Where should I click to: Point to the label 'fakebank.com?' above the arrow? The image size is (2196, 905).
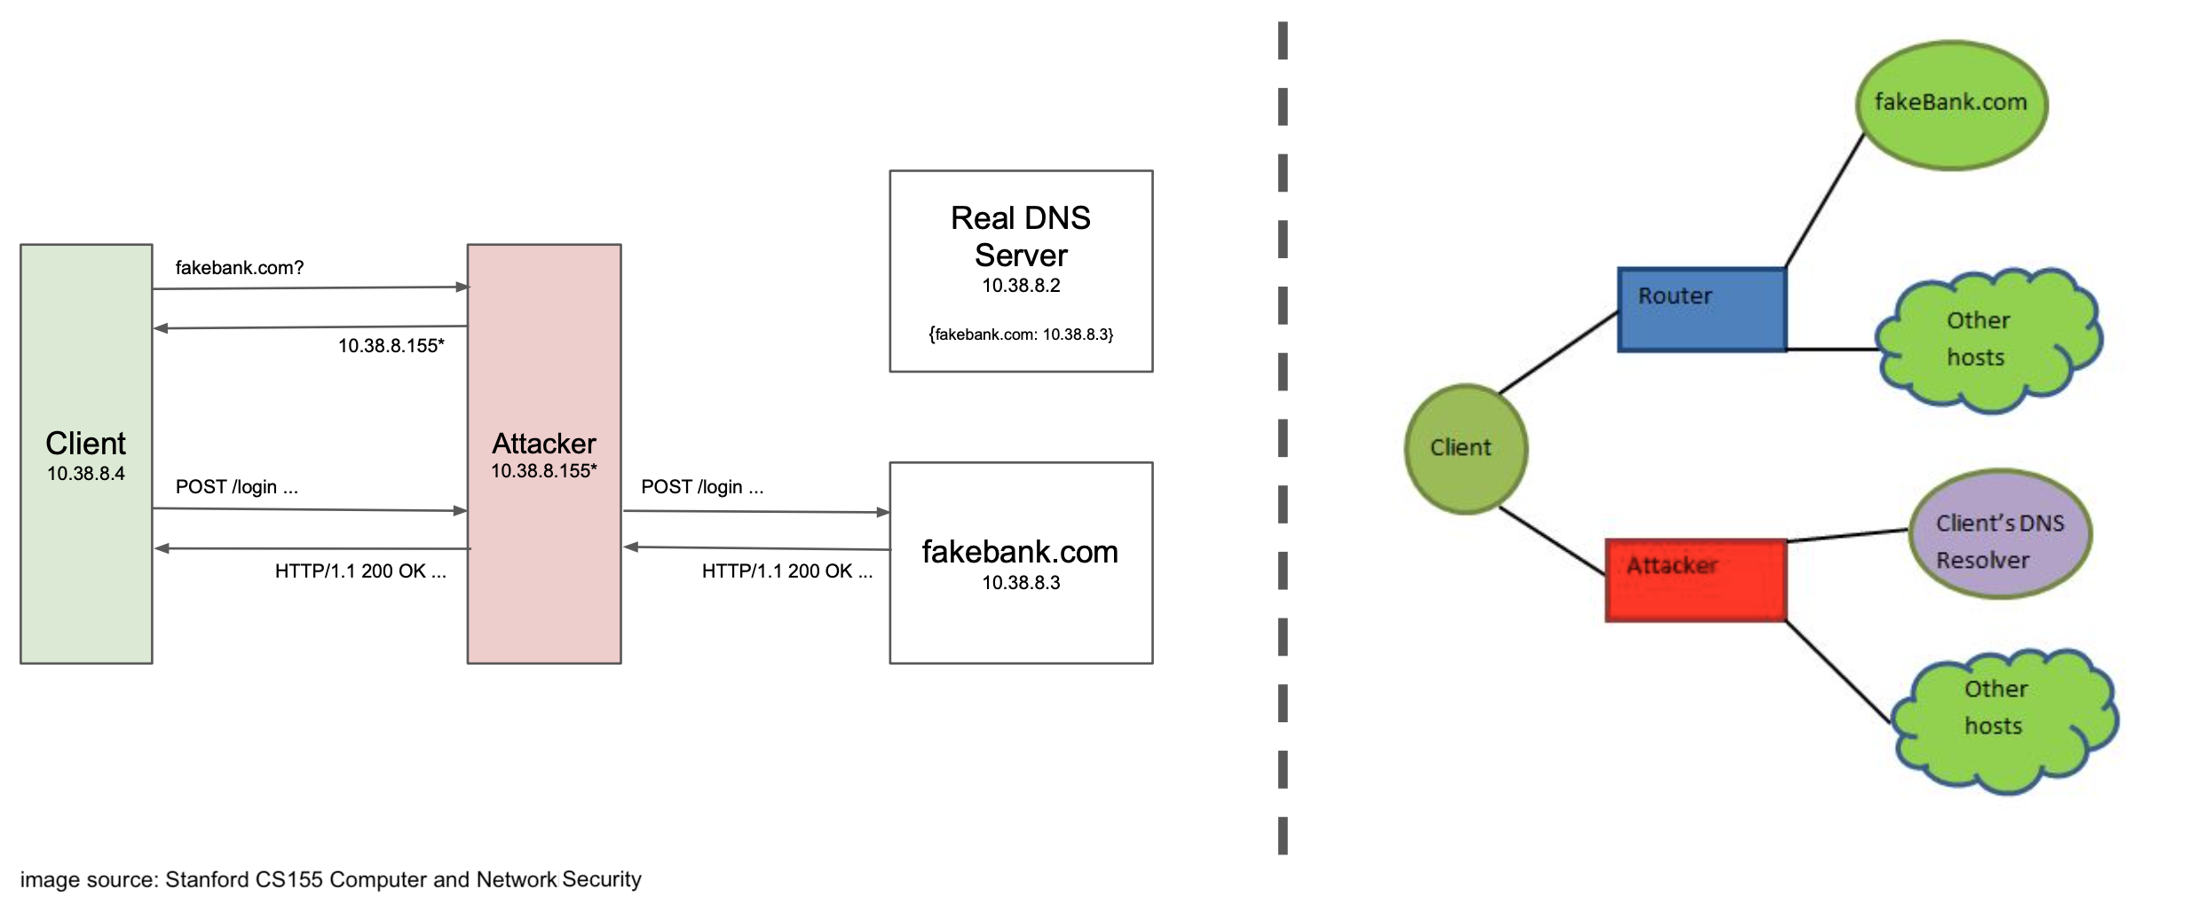[240, 268]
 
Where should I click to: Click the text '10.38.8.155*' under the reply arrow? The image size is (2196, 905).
[391, 346]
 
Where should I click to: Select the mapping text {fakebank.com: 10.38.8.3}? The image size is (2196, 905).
[1021, 334]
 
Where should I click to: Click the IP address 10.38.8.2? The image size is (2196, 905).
[1021, 286]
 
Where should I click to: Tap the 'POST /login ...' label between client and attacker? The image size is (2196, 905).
[237, 487]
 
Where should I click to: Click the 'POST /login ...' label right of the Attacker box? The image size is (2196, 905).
[702, 487]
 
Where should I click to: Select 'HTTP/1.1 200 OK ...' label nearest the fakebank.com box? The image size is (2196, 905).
[786, 571]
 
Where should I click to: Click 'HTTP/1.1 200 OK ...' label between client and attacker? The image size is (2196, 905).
[360, 571]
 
